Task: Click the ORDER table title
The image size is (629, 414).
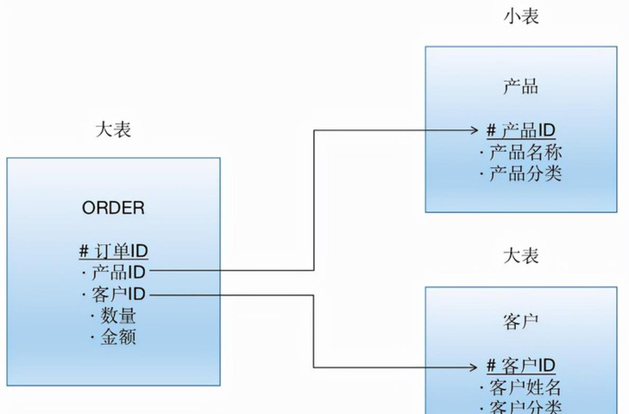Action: (x=113, y=208)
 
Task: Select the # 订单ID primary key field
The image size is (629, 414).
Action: (x=113, y=251)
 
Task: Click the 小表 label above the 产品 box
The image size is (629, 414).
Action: (x=520, y=16)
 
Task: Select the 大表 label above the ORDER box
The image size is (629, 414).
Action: (x=113, y=129)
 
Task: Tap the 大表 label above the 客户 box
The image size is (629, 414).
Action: (x=520, y=256)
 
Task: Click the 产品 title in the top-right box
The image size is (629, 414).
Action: (x=520, y=86)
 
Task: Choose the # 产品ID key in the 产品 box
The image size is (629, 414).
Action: (x=521, y=130)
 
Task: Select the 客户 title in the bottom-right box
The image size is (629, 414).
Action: (x=520, y=322)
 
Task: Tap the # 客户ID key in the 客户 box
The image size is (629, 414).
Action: (x=521, y=366)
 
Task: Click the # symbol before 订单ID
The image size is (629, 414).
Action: (x=83, y=251)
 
